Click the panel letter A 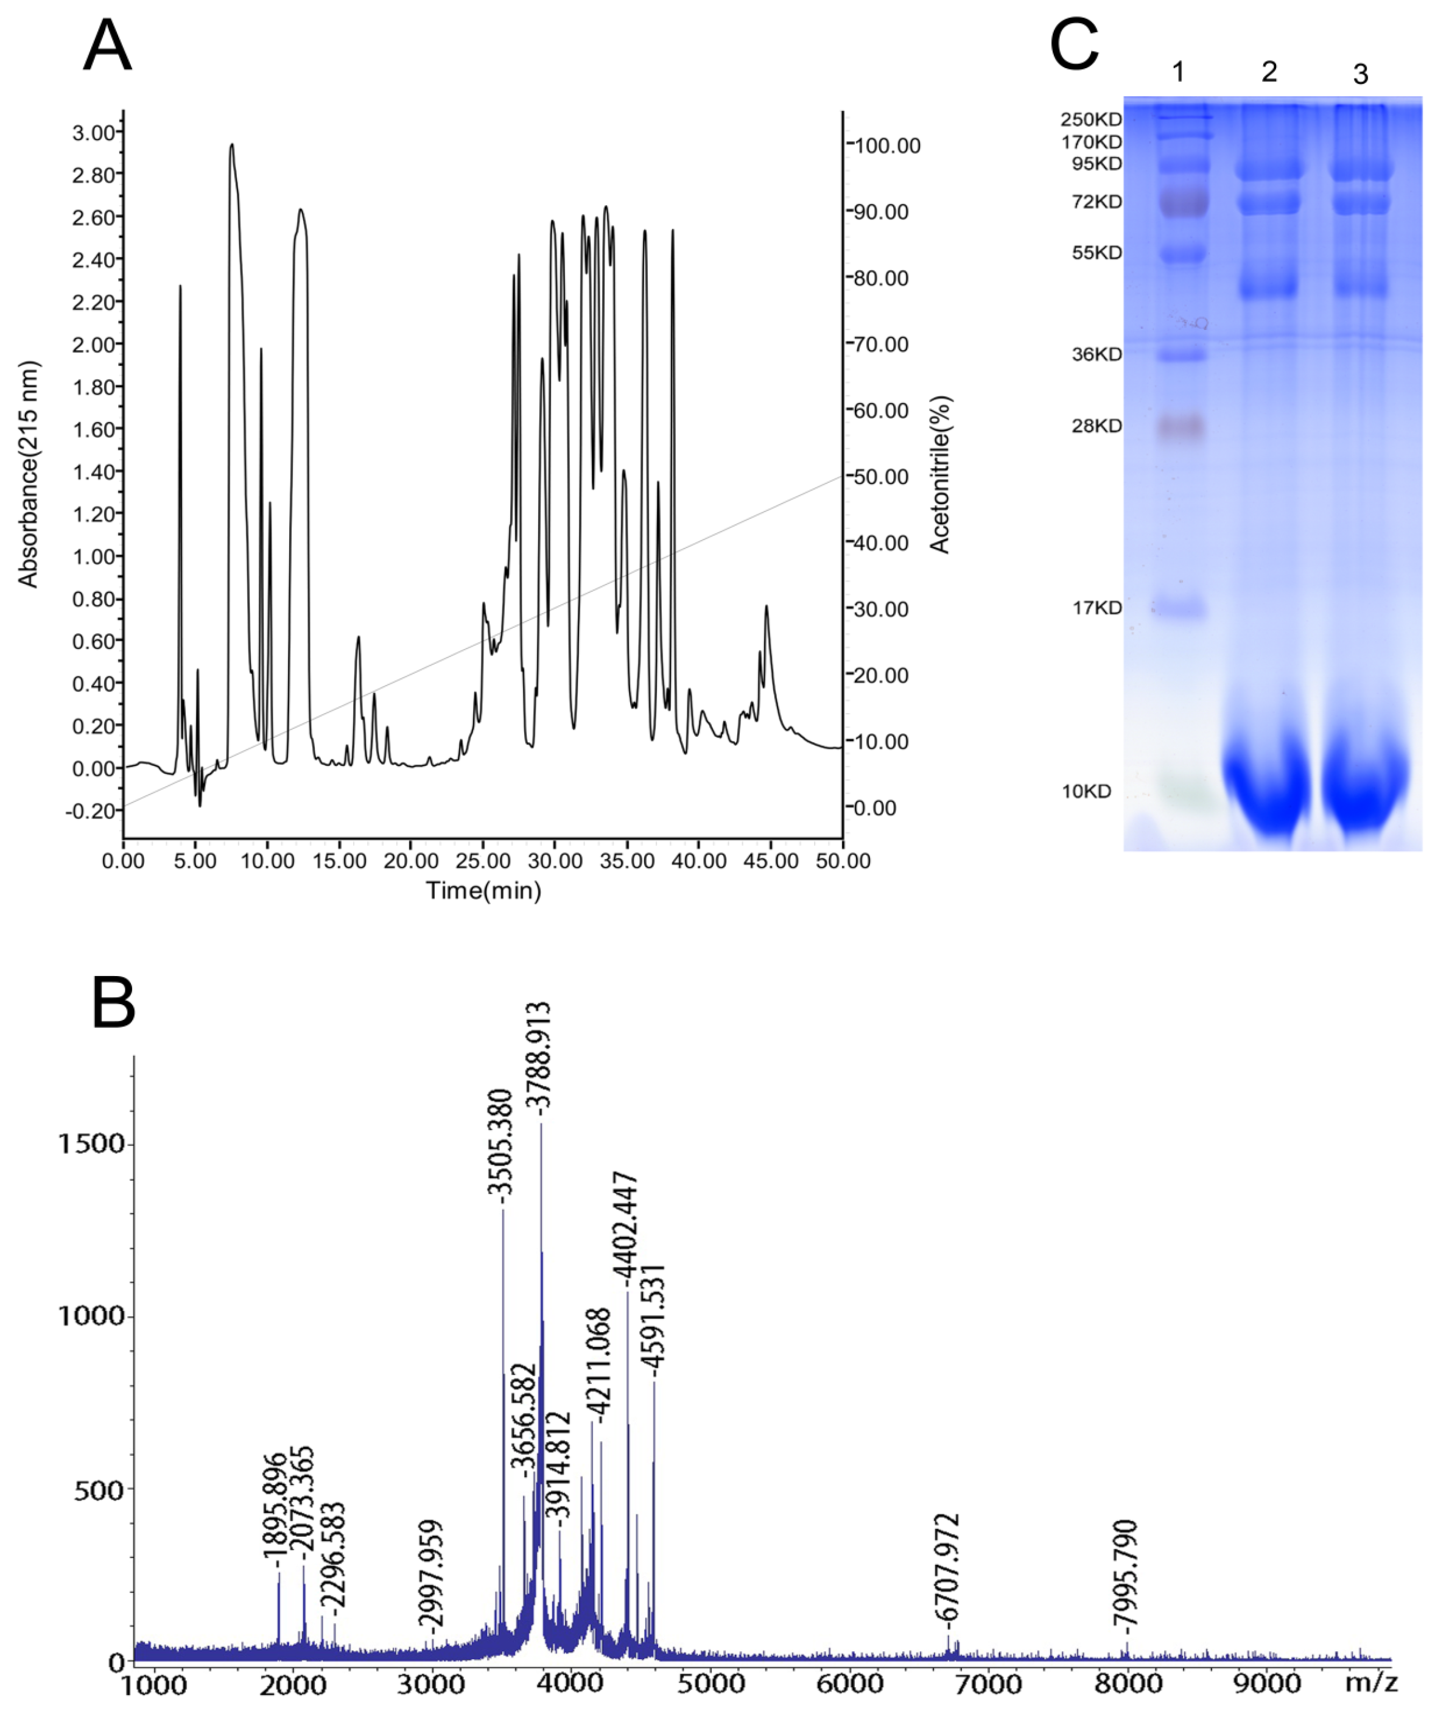(107, 46)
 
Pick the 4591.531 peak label (654, 1315)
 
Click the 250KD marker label (1090, 120)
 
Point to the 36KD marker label (1096, 354)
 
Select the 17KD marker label (1096, 608)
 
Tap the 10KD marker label (1086, 792)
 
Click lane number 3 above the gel (1360, 74)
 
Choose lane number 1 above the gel (1178, 72)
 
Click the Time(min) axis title (483, 890)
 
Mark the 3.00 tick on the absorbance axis (93, 132)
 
